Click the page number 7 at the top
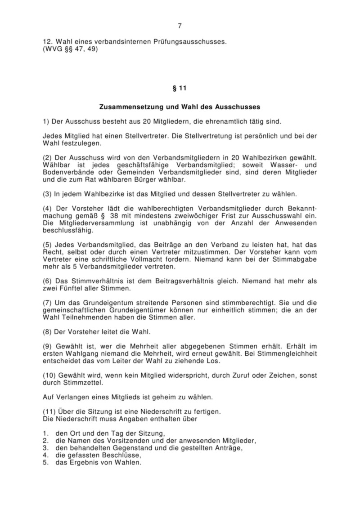(180, 26)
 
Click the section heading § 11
(180, 88)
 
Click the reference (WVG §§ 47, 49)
(70, 49)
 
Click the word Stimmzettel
(86, 383)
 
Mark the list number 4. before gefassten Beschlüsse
(45, 455)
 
